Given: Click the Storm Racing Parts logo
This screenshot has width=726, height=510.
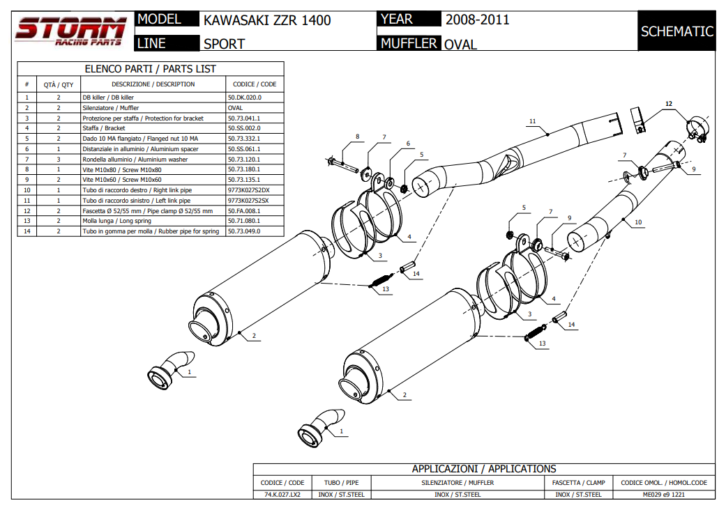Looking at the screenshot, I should click(x=70, y=31).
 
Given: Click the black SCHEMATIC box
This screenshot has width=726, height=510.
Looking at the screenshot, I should click(x=676, y=31).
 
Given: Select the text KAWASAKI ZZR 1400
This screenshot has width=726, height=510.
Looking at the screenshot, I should click(x=267, y=20).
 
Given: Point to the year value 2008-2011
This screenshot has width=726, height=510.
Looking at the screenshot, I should click(x=477, y=20).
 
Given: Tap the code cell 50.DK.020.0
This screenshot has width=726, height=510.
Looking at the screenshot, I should click(x=245, y=98).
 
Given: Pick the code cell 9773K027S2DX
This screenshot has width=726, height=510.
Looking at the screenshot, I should click(x=249, y=190).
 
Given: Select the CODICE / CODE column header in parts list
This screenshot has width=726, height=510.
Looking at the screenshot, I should click(x=255, y=84).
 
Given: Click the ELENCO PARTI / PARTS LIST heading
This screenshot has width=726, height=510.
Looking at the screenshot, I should click(x=150, y=69).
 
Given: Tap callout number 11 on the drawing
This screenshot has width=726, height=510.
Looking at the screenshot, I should click(x=532, y=121).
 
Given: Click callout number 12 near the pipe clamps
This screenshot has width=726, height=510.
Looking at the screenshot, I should click(x=669, y=104).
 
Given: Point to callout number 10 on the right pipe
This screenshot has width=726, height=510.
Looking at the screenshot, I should click(x=638, y=222).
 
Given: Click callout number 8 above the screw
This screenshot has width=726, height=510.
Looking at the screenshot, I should click(x=358, y=137).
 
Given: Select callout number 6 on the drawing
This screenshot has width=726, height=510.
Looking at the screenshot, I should click(x=408, y=144).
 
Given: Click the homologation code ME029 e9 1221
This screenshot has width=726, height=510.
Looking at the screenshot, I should click(x=663, y=495).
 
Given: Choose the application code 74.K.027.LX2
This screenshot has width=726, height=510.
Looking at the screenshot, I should click(x=282, y=495).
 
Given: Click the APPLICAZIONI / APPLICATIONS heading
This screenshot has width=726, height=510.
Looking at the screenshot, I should click(x=483, y=469).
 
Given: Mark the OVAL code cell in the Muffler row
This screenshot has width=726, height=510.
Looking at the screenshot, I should click(x=236, y=108).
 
